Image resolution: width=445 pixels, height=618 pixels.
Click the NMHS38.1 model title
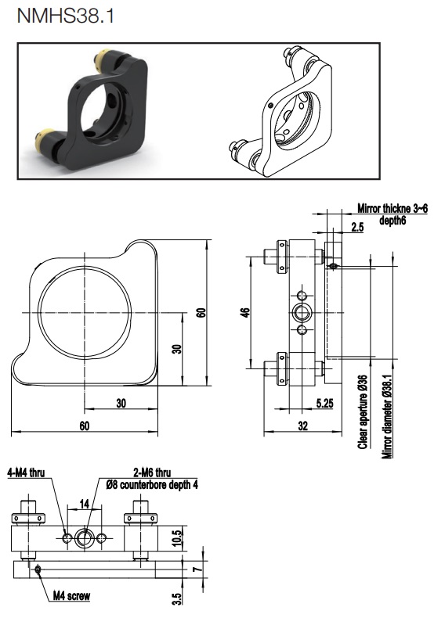[x=66, y=16]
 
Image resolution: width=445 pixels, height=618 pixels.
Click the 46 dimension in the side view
[x=245, y=313]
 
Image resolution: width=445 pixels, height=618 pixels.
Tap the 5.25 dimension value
[x=325, y=403]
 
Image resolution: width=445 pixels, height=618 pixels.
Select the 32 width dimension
[x=302, y=426]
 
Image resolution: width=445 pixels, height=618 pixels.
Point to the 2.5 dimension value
[x=357, y=228]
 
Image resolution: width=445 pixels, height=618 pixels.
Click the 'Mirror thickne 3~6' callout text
[x=393, y=208]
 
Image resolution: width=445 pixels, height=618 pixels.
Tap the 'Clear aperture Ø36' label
[x=363, y=411]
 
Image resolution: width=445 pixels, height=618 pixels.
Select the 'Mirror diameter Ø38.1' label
[x=387, y=417]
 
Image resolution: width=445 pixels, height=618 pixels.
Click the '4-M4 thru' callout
[x=26, y=472]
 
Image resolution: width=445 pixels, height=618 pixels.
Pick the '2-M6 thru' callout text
[x=152, y=472]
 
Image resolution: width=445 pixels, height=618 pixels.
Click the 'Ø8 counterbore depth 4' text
[x=152, y=484]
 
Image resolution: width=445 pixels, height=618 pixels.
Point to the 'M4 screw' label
[x=71, y=596]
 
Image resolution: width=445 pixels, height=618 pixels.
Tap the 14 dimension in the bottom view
[x=84, y=504]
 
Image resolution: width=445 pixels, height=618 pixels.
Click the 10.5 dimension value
[x=178, y=538]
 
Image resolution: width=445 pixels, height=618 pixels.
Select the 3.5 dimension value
[x=178, y=599]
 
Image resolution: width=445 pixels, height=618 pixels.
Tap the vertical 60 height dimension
[x=201, y=313]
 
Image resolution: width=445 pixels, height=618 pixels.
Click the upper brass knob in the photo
[x=103, y=61]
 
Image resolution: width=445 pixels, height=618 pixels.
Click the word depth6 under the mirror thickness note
[x=393, y=221]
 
